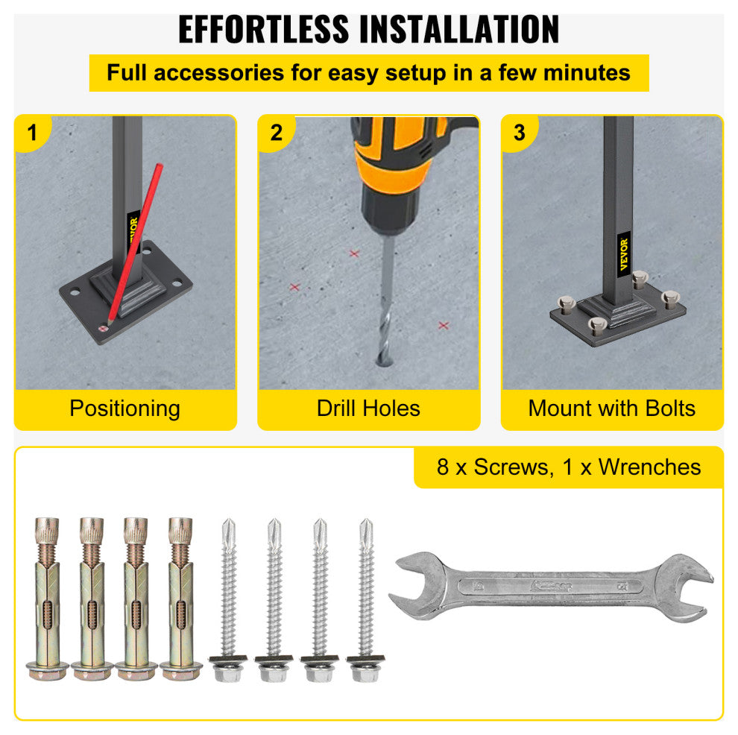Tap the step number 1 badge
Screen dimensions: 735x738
31,133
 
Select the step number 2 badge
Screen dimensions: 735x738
277,133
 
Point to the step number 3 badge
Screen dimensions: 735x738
520,133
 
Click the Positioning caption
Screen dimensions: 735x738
124,408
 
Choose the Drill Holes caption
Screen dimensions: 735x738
368,408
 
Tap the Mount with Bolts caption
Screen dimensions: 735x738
611,408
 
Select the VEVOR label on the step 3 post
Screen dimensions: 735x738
623,255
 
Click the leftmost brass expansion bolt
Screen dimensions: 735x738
46,596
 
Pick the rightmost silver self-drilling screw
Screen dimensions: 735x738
365,596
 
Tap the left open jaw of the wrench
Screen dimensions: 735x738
414,585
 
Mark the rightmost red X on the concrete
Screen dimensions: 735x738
444,325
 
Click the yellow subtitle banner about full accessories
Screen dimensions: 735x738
368,73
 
